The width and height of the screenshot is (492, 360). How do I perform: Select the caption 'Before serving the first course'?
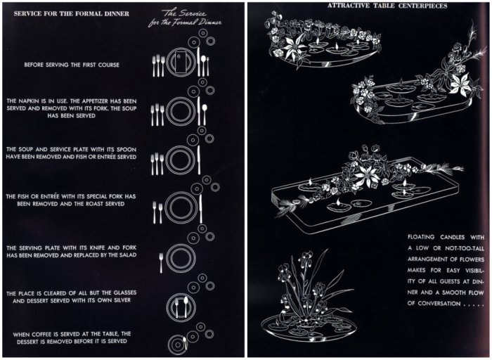click(x=72, y=65)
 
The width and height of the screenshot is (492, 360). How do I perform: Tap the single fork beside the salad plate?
click(x=161, y=259)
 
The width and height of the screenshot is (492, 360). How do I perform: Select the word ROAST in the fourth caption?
click(x=105, y=204)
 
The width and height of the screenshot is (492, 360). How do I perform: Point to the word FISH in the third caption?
click(x=106, y=157)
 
